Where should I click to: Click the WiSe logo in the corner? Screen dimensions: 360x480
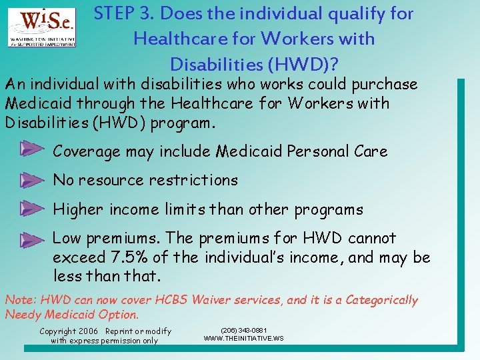pyautogui.click(x=42, y=28)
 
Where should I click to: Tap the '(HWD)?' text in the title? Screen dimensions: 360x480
pyautogui.click(x=305, y=64)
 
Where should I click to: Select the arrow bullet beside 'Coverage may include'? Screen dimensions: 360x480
pyautogui.click(x=31, y=149)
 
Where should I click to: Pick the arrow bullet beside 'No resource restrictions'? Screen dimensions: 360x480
pyautogui.click(x=31, y=179)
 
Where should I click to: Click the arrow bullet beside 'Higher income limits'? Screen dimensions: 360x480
pyautogui.click(x=31, y=209)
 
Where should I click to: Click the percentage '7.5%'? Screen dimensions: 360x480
pyautogui.click(x=129, y=257)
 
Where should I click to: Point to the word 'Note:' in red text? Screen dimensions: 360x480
pyautogui.click(x=21, y=300)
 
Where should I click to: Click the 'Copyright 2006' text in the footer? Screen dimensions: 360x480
pyautogui.click(x=69, y=331)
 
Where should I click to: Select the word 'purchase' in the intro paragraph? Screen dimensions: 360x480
pyautogui.click(x=386, y=85)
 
